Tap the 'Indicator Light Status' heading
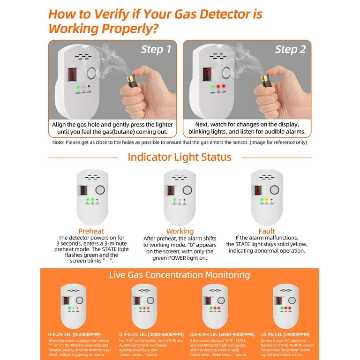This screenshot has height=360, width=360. tap(180, 157)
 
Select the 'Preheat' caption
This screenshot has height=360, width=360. tap(91, 231)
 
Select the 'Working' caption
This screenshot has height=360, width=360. tap(180, 231)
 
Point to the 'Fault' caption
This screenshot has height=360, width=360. tap(266, 231)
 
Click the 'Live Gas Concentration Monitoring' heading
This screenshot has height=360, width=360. tap(180, 275)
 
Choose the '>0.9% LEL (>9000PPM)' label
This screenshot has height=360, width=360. tap(285, 334)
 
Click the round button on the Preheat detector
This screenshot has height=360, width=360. tap(99, 190)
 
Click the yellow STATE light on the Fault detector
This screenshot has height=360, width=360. tap(267, 200)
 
